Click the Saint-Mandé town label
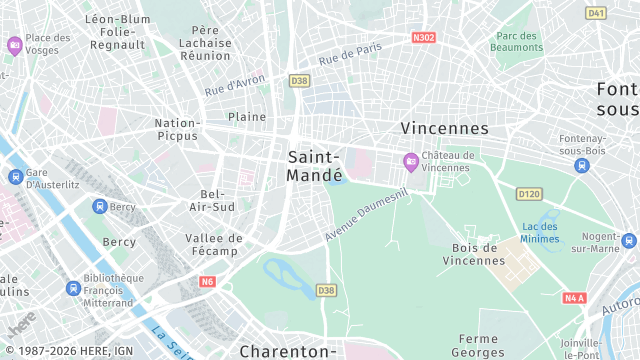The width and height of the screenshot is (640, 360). click(314, 165)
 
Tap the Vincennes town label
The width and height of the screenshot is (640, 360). click(444, 128)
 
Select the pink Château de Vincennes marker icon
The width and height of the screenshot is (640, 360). click(410, 162)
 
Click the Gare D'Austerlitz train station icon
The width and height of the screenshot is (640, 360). click(15, 177)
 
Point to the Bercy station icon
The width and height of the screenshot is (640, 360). click(99, 206)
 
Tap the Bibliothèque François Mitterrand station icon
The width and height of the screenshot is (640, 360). click(73, 288)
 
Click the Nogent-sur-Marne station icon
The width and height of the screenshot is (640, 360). click(628, 240)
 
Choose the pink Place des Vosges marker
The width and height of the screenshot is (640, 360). click(15, 45)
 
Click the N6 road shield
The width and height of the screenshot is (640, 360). click(207, 282)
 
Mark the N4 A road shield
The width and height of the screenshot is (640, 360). click(574, 297)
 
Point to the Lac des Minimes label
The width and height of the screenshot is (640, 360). click(540, 233)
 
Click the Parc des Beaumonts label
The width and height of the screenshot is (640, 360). click(518, 41)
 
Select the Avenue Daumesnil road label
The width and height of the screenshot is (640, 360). click(366, 213)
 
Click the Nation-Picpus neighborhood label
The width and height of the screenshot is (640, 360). click(177, 129)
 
